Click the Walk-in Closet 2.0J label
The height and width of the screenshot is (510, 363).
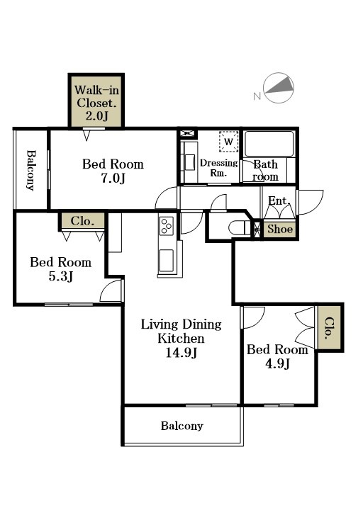(x=96, y=103)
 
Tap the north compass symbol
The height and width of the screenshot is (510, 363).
(x=279, y=88)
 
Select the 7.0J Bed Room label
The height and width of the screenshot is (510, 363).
(x=113, y=171)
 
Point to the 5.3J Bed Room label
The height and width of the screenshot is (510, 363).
(x=60, y=269)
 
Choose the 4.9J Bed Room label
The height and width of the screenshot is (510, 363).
(x=277, y=356)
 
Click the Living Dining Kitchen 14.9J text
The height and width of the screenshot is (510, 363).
(x=181, y=339)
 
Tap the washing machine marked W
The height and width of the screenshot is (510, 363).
(x=228, y=142)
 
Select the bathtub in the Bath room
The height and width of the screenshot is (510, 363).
(x=269, y=144)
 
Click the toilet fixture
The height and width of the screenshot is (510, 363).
(x=240, y=228)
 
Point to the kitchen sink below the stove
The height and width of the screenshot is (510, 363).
(x=166, y=260)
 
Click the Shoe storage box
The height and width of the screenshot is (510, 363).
(x=279, y=229)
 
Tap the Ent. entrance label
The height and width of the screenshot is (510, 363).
(x=279, y=200)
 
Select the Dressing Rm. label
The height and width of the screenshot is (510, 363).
(x=219, y=167)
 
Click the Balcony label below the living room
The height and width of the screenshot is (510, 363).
(x=182, y=426)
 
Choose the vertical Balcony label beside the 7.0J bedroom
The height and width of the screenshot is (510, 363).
(x=30, y=170)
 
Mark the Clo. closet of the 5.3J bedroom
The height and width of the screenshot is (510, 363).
(x=82, y=221)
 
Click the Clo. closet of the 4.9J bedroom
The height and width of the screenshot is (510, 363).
(x=330, y=327)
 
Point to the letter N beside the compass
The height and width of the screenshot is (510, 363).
(x=257, y=96)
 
